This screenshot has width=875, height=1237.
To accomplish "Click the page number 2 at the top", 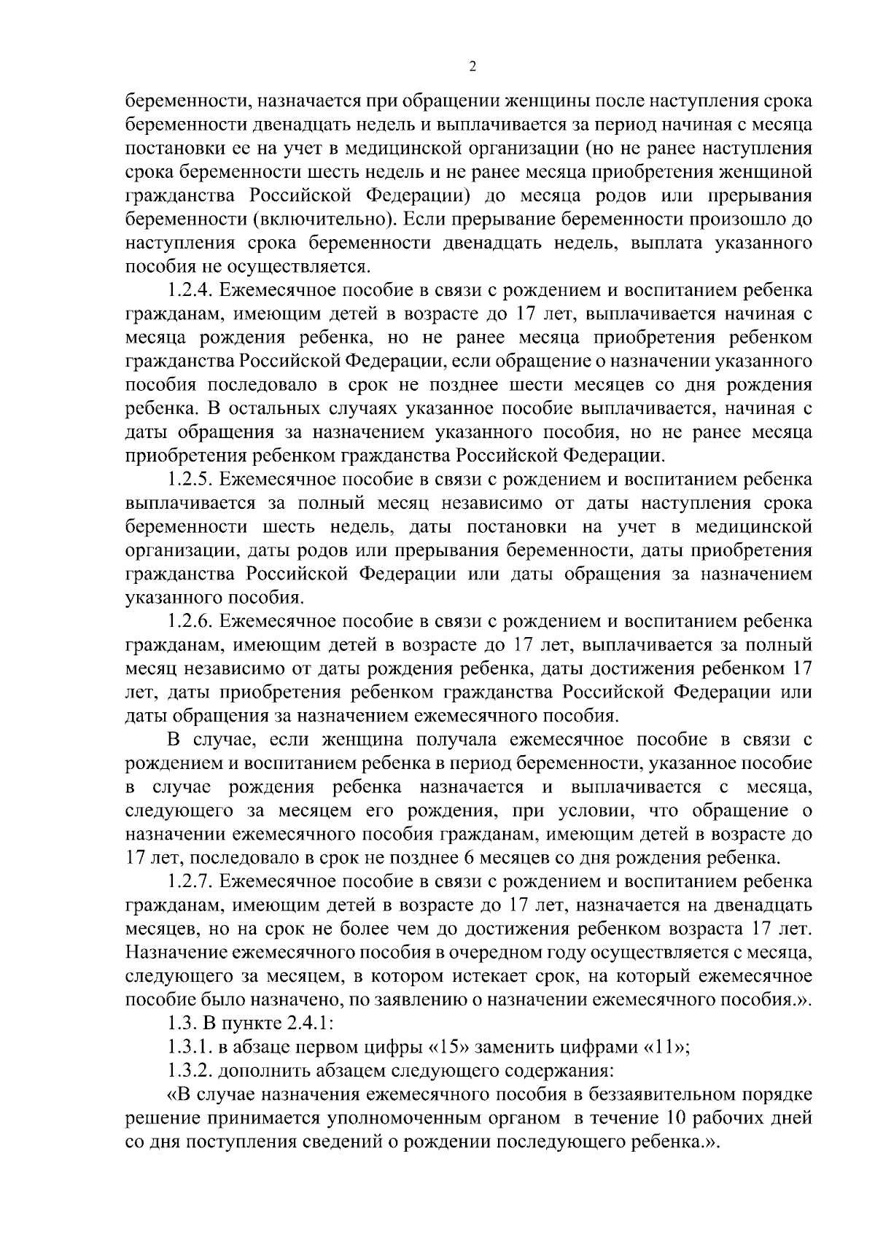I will click(x=472, y=67).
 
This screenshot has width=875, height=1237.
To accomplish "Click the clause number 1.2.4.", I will click(x=189, y=291).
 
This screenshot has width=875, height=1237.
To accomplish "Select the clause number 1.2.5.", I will click(x=189, y=480).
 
